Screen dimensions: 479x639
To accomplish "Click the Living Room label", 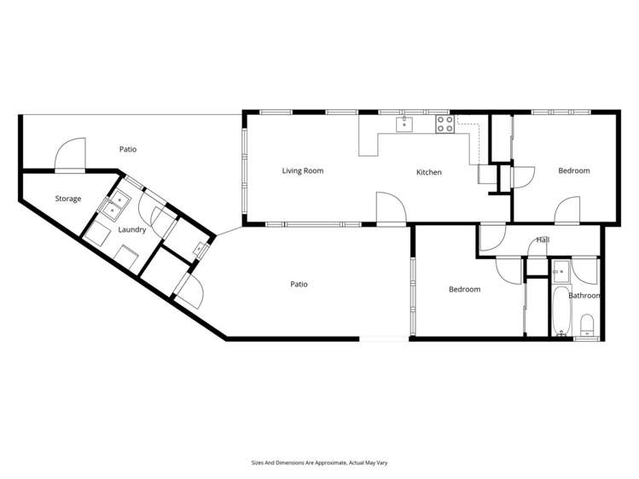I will pyautogui.click(x=303, y=170).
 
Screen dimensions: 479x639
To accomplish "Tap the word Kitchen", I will pyautogui.click(x=428, y=172).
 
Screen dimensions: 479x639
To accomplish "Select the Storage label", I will pyautogui.click(x=68, y=199).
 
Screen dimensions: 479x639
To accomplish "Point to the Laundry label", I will pyautogui.click(x=132, y=229).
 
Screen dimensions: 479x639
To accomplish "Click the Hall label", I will pyautogui.click(x=542, y=240).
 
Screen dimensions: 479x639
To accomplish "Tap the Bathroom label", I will pyautogui.click(x=585, y=296).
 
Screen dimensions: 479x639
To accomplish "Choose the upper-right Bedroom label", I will pyautogui.click(x=573, y=170).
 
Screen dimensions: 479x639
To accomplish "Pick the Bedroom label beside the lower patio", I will pyautogui.click(x=464, y=289).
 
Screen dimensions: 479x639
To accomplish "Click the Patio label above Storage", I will pyautogui.click(x=128, y=149).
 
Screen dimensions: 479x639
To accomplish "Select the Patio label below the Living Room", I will pyautogui.click(x=299, y=284).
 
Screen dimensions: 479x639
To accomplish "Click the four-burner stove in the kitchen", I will pyautogui.click(x=444, y=124).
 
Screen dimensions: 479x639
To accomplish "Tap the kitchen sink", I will pyautogui.click(x=404, y=124).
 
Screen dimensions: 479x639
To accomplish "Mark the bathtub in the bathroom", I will pyautogui.click(x=561, y=312).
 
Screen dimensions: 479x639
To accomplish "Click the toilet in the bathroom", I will pyautogui.click(x=587, y=326).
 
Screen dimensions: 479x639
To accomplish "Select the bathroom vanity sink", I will pyautogui.click(x=560, y=273).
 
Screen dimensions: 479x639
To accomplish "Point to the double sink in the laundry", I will pyautogui.click(x=115, y=205).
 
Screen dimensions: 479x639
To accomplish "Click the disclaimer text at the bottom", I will pyautogui.click(x=319, y=463).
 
